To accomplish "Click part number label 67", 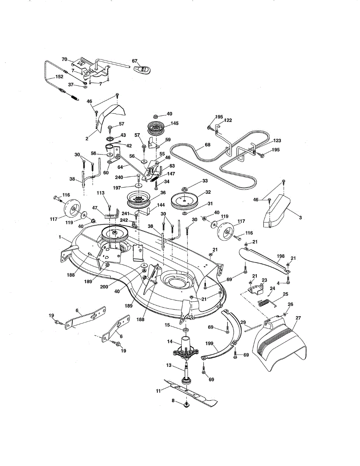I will pos(135,61).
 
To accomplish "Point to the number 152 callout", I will pos(59,77).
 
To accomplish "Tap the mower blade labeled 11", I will pos(190,392).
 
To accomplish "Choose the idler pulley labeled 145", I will pos(157,128).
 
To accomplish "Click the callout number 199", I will pos(210,344).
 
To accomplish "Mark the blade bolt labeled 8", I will pos(187,406).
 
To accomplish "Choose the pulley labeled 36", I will pos(138,200).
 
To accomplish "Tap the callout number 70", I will pos(64,59).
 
